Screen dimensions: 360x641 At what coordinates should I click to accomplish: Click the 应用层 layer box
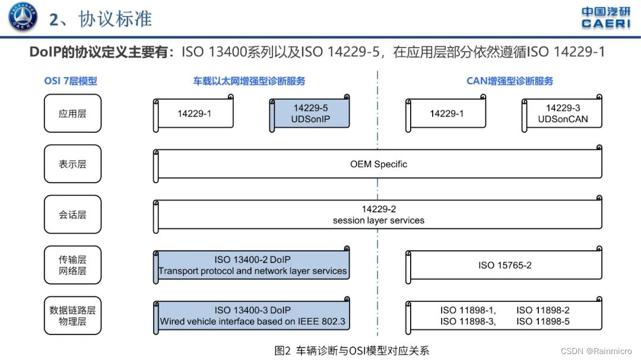point(72,113)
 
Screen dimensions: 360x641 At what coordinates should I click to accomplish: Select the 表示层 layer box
point(72,164)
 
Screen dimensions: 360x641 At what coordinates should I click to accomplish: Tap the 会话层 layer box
point(72,214)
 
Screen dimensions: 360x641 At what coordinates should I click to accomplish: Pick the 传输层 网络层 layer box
point(72,265)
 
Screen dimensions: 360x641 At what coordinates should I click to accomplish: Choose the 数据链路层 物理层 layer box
point(72,316)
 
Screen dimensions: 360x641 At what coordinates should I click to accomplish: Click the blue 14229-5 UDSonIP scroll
point(310,113)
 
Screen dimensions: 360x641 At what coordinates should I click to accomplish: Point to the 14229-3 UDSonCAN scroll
point(563,113)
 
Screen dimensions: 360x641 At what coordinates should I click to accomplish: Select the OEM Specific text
point(378,164)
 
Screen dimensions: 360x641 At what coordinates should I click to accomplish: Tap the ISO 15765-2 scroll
point(504,265)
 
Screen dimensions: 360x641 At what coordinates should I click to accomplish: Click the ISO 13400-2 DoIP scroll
point(252,265)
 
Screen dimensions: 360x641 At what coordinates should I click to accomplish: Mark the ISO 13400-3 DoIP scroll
point(252,316)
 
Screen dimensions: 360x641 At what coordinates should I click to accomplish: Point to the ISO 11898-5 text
point(542,321)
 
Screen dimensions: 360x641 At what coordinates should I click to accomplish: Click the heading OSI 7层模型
point(71,81)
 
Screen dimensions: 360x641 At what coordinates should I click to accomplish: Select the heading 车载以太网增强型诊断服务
point(249,81)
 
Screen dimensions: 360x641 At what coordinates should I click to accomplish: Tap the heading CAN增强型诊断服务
point(509,81)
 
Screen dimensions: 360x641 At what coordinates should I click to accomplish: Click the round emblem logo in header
point(23,18)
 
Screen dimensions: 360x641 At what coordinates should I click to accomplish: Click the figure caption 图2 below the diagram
point(351,350)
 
